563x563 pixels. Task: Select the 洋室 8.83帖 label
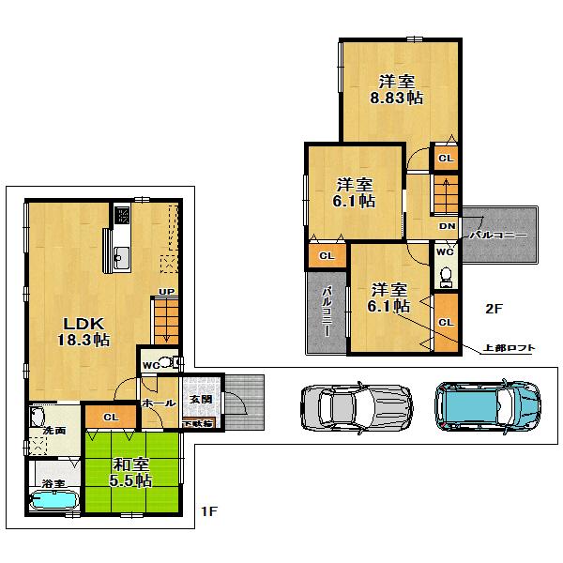click(x=398, y=87)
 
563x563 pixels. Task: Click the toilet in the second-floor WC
click(x=446, y=275)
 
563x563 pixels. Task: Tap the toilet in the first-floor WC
click(x=168, y=363)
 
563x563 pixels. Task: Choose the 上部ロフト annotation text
click(x=509, y=347)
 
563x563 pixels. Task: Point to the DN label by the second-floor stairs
click(x=448, y=226)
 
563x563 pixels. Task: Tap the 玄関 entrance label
click(x=202, y=399)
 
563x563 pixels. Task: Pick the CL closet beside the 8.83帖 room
click(x=446, y=158)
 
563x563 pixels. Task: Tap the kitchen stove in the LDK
click(x=123, y=216)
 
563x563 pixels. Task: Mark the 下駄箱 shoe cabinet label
click(x=203, y=423)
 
